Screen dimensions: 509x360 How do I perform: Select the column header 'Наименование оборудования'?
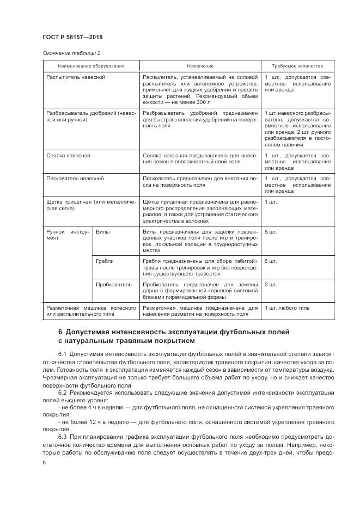point(90,66)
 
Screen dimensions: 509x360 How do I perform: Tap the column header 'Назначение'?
point(199,66)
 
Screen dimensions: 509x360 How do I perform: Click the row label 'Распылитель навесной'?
point(76,77)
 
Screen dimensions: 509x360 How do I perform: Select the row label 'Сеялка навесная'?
point(69,155)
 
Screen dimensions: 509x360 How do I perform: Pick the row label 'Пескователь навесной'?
point(75,178)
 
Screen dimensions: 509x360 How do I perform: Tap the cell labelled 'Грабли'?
point(105,261)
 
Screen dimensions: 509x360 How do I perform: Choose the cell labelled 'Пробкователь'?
point(113,284)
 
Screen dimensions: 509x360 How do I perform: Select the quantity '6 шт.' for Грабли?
point(271,261)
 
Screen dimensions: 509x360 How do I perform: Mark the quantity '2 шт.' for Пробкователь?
point(271,284)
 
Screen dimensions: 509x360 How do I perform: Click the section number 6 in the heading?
point(60,332)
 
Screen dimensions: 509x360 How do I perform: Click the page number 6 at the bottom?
point(45,462)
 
